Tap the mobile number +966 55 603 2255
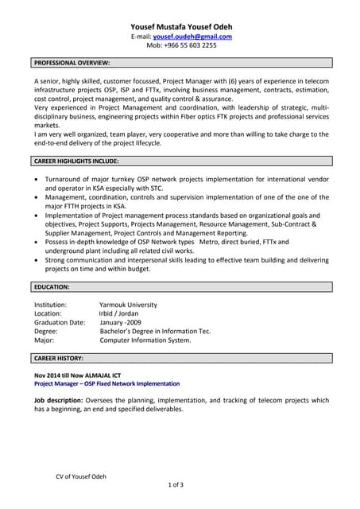pyautogui.click(x=181, y=45)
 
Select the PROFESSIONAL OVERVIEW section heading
pyautogui.click(x=72, y=62)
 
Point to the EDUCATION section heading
pyautogui.click(x=52, y=286)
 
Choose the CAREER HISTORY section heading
pyautogui.click(x=59, y=359)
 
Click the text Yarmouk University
pyautogui.click(x=128, y=305)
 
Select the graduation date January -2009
pyautogui.click(x=121, y=323)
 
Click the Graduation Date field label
pyautogui.click(x=60, y=323)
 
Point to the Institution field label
pyautogui.click(x=51, y=305)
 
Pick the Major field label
pyautogui.click(x=45, y=340)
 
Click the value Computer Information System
pyautogui.click(x=145, y=340)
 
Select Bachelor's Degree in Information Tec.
pyautogui.click(x=155, y=332)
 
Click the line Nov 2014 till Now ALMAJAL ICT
pyautogui.click(x=77, y=375)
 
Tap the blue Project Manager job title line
pyautogui.click(x=106, y=383)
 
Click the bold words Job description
pyautogui.click(x=58, y=400)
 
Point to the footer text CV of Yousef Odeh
pyautogui.click(x=81, y=476)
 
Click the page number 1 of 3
pyautogui.click(x=176, y=484)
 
